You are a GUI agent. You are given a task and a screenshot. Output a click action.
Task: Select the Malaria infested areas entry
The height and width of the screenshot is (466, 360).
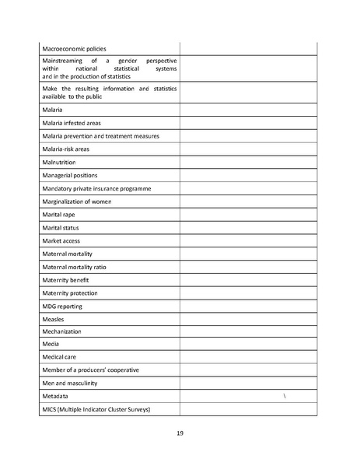pyautogui.click(x=72, y=123)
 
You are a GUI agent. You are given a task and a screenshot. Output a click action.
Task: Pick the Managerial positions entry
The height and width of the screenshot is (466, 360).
pyautogui.click(x=70, y=175)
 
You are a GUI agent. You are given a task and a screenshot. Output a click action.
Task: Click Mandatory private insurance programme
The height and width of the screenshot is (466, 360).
pyautogui.click(x=96, y=188)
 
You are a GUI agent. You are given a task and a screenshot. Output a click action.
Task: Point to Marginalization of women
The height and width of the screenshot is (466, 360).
pyautogui.click(x=77, y=201)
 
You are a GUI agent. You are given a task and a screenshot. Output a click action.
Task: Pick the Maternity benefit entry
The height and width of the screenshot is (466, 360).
pyautogui.click(x=67, y=280)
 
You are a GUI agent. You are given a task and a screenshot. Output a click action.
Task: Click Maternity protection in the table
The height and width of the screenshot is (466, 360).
pyautogui.click(x=72, y=293)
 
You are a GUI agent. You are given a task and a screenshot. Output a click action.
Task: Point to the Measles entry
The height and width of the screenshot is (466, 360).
pyautogui.click(x=54, y=319)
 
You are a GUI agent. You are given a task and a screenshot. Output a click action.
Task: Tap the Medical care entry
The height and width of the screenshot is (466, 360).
pyautogui.click(x=60, y=357)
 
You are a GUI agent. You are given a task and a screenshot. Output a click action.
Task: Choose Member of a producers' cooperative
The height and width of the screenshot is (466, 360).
pyautogui.click(x=90, y=370)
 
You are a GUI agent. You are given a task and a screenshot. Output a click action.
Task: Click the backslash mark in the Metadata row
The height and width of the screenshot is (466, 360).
pyautogui.click(x=285, y=397)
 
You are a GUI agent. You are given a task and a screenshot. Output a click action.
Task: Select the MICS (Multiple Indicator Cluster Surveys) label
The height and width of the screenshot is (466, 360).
pyautogui.click(x=96, y=409)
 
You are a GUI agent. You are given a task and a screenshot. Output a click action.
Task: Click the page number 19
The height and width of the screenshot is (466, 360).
pyautogui.click(x=180, y=433)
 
